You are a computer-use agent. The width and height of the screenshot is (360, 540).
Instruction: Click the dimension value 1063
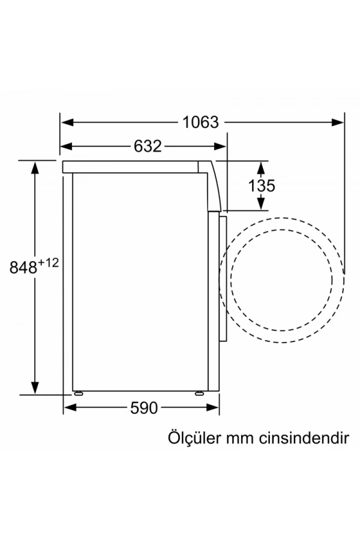point(201,122)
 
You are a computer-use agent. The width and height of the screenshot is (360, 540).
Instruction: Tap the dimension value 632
point(148,146)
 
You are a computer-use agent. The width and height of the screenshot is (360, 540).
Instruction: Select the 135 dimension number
point(262,186)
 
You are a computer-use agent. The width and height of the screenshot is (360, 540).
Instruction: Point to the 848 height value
point(23,268)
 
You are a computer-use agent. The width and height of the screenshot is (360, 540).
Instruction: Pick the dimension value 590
point(144,408)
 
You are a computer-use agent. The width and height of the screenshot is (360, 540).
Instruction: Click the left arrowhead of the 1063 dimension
point(68,122)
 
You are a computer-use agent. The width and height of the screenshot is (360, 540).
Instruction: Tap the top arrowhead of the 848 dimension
point(35,167)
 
